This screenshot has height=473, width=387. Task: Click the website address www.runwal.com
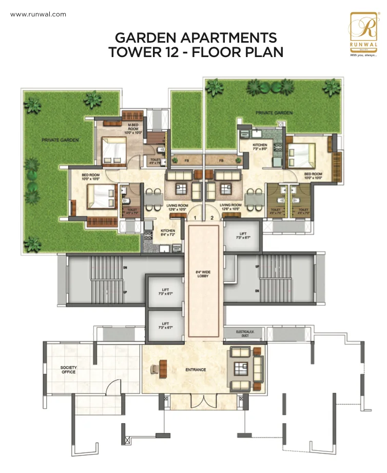(x=38, y=14)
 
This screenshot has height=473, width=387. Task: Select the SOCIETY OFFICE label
(x=68, y=370)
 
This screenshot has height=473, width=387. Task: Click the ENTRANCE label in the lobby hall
(x=196, y=370)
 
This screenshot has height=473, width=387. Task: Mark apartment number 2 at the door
(x=211, y=217)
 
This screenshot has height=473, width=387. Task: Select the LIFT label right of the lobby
(x=242, y=236)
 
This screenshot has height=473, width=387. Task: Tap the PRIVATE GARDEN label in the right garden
(x=275, y=113)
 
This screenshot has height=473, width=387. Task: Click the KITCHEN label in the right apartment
(x=260, y=147)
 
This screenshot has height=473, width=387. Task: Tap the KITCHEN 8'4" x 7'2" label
(x=168, y=232)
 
